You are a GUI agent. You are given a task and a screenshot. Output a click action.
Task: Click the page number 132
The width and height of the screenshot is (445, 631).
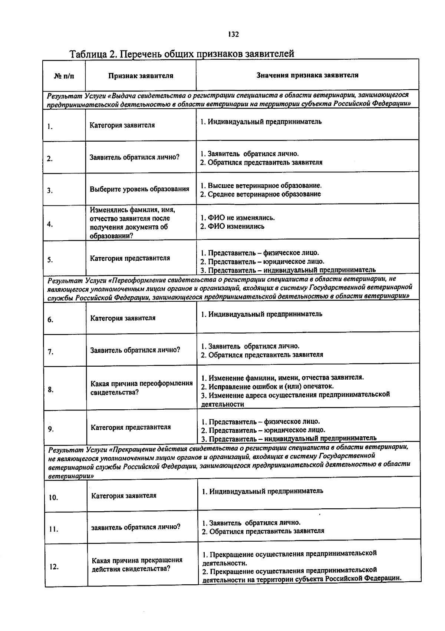point(234,34)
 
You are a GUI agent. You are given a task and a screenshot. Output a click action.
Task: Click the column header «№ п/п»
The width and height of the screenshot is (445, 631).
point(64,76)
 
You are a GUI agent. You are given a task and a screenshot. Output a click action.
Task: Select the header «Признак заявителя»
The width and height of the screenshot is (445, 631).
point(141,76)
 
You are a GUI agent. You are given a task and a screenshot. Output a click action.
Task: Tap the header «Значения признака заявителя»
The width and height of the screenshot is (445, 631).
point(307,75)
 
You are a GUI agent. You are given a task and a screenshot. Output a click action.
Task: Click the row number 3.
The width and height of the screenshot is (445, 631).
point(50,191)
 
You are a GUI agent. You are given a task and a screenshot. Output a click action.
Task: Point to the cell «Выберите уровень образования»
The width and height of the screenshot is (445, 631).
point(139,189)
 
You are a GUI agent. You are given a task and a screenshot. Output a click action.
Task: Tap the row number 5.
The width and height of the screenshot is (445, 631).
point(50,260)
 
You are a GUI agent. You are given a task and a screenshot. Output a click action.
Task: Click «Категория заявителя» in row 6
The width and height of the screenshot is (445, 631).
point(123,318)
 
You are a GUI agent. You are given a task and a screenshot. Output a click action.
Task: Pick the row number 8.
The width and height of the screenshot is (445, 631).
point(51,390)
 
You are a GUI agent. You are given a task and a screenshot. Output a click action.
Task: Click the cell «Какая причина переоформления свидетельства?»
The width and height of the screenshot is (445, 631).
point(141,388)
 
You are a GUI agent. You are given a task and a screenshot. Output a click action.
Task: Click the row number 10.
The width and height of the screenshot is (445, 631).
point(53,498)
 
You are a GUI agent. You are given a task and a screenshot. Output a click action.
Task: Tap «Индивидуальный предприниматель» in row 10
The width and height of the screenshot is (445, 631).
point(266,492)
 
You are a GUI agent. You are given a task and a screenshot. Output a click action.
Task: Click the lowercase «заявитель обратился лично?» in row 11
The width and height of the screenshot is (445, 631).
point(136,527)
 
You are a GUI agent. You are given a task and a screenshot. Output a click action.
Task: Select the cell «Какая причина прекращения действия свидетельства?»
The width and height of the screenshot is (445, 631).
point(137,564)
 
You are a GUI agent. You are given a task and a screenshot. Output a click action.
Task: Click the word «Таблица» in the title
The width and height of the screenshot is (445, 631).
point(88,54)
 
